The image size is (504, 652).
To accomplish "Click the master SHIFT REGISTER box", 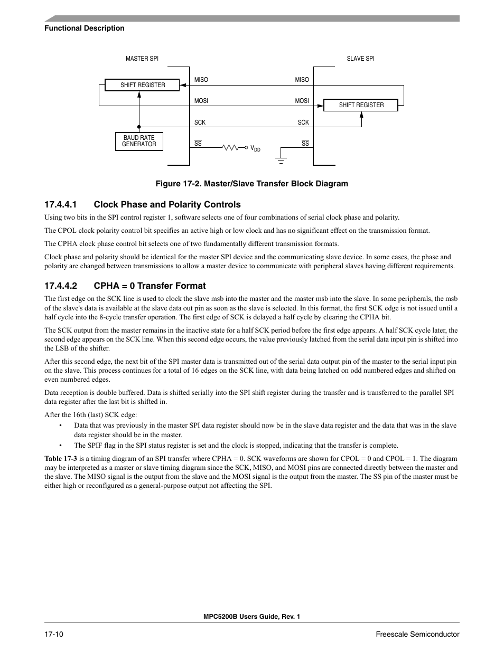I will point(142,85).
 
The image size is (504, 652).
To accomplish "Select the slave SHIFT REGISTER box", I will point(361,105).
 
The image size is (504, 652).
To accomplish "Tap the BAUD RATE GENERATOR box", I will point(139,141).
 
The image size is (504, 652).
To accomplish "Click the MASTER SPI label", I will point(142,59).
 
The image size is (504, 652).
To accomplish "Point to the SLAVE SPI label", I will point(360,59).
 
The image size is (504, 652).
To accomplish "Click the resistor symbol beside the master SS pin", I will point(232,147).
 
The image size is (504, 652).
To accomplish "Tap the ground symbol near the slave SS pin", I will point(281,158).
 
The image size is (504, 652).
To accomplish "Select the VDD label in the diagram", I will point(255,149).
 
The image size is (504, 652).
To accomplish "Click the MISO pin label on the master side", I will point(201,80).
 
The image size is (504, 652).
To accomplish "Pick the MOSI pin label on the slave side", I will point(302,101).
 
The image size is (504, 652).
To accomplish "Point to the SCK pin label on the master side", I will point(200,122).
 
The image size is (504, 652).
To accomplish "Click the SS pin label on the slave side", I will point(305,144).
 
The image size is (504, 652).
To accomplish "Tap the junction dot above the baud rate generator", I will point(139,127).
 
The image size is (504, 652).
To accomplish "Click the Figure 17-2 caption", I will point(251,184).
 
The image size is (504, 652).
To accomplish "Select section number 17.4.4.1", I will point(61,205).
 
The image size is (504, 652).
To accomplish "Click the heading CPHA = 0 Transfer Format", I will point(150,286).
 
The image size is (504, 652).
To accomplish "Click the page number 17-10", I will point(54,634).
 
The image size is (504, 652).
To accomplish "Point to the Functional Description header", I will point(85,29).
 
